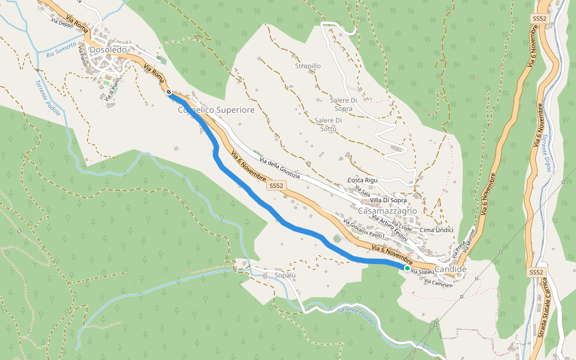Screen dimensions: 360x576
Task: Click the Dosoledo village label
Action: (108, 50)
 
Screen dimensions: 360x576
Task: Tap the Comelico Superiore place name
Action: (217, 110)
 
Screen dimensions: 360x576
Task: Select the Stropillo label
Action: (308, 66)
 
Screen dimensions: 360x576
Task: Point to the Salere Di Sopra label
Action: (344, 104)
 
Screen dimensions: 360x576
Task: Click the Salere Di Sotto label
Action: (328, 125)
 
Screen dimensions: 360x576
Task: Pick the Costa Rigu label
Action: (363, 181)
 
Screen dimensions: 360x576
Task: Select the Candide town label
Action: (451, 269)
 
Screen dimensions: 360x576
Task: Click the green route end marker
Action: (407, 269)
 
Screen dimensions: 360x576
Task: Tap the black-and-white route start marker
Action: (169, 92)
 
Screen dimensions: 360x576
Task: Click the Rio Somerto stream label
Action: (61, 50)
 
